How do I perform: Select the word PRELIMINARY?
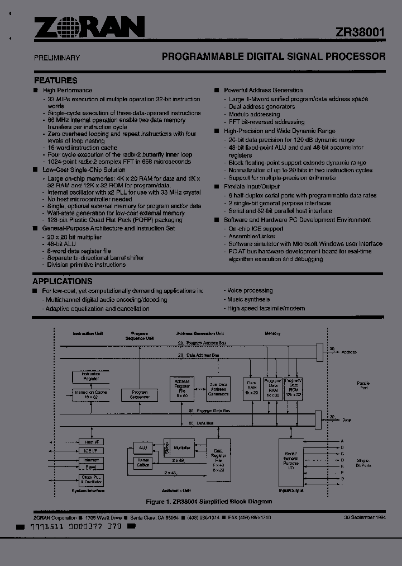pyautogui.click(x=57, y=58)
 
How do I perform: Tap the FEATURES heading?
pyautogui.click(x=56, y=80)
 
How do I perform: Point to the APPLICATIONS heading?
pyautogui.click(x=63, y=281)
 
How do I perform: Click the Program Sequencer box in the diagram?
pyautogui.click(x=140, y=394)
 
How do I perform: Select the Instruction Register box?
pyautogui.click(x=91, y=376)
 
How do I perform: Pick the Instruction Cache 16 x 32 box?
pyautogui.click(x=91, y=394)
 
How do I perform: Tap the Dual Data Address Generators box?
pyautogui.click(x=218, y=389)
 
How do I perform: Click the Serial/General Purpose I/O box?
pyautogui.click(x=291, y=462)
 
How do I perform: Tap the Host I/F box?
pyautogui.click(x=91, y=441)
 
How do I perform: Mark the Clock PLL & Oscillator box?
pyautogui.click(x=91, y=480)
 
